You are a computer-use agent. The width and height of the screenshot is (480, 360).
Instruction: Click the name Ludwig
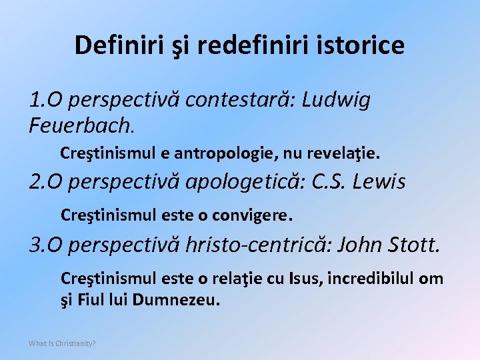point(336,101)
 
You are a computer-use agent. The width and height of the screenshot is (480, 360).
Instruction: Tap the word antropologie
point(226,154)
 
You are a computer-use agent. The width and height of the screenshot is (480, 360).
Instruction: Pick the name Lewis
point(382,182)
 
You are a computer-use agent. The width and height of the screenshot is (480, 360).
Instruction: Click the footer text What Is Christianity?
point(62,343)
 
